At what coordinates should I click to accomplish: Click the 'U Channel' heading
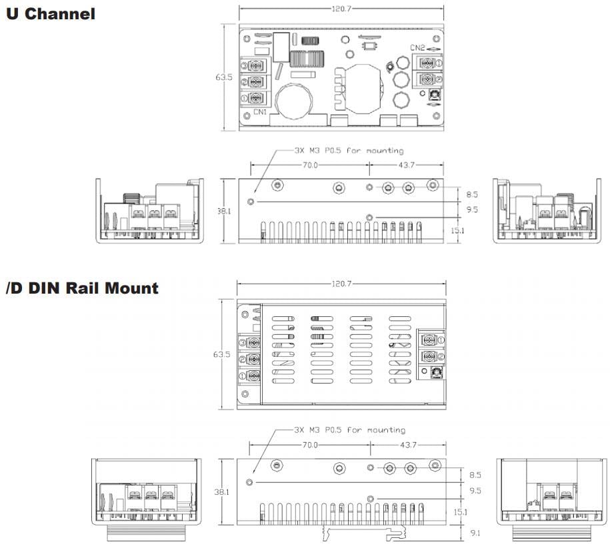[51, 13]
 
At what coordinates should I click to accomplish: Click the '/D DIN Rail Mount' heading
[82, 288]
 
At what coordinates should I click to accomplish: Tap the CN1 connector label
[261, 113]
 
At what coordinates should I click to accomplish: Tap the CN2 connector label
[418, 47]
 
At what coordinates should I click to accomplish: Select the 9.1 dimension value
[475, 533]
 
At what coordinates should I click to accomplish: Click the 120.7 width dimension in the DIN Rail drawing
[341, 284]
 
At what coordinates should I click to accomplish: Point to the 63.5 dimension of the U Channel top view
[224, 77]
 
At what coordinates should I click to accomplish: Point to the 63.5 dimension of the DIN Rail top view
[222, 354]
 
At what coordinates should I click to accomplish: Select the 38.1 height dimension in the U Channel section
[224, 211]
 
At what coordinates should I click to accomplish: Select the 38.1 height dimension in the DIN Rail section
[223, 492]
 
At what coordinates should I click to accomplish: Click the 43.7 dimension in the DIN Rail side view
[408, 444]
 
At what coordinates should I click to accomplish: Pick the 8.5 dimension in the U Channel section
[473, 194]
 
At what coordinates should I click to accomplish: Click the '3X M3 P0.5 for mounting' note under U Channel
[349, 151]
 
